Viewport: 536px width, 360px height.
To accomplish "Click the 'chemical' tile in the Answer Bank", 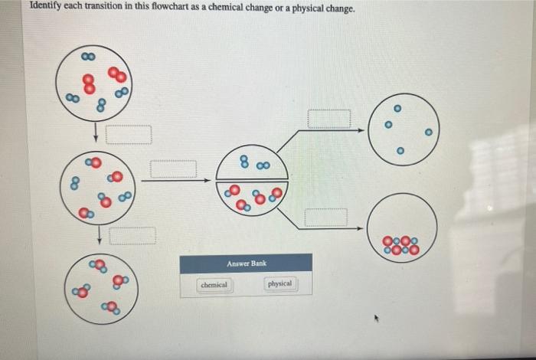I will [x=214, y=284].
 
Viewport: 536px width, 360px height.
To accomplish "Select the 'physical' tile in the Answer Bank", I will [x=279, y=283].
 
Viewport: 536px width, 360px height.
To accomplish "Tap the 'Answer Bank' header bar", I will [x=246, y=263].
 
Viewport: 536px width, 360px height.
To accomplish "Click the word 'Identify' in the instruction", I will [x=47, y=8].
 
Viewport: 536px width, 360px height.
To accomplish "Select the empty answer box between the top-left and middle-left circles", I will [x=129, y=135].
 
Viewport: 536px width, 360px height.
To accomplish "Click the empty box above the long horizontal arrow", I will [x=172, y=169].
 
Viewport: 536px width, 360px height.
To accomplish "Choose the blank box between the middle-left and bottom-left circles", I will [x=132, y=236].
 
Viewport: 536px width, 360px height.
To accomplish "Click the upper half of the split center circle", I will [x=252, y=162].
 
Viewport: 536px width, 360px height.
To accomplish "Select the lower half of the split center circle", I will [x=252, y=198].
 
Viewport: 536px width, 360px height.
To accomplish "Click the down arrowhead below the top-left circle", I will [x=96, y=139].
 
